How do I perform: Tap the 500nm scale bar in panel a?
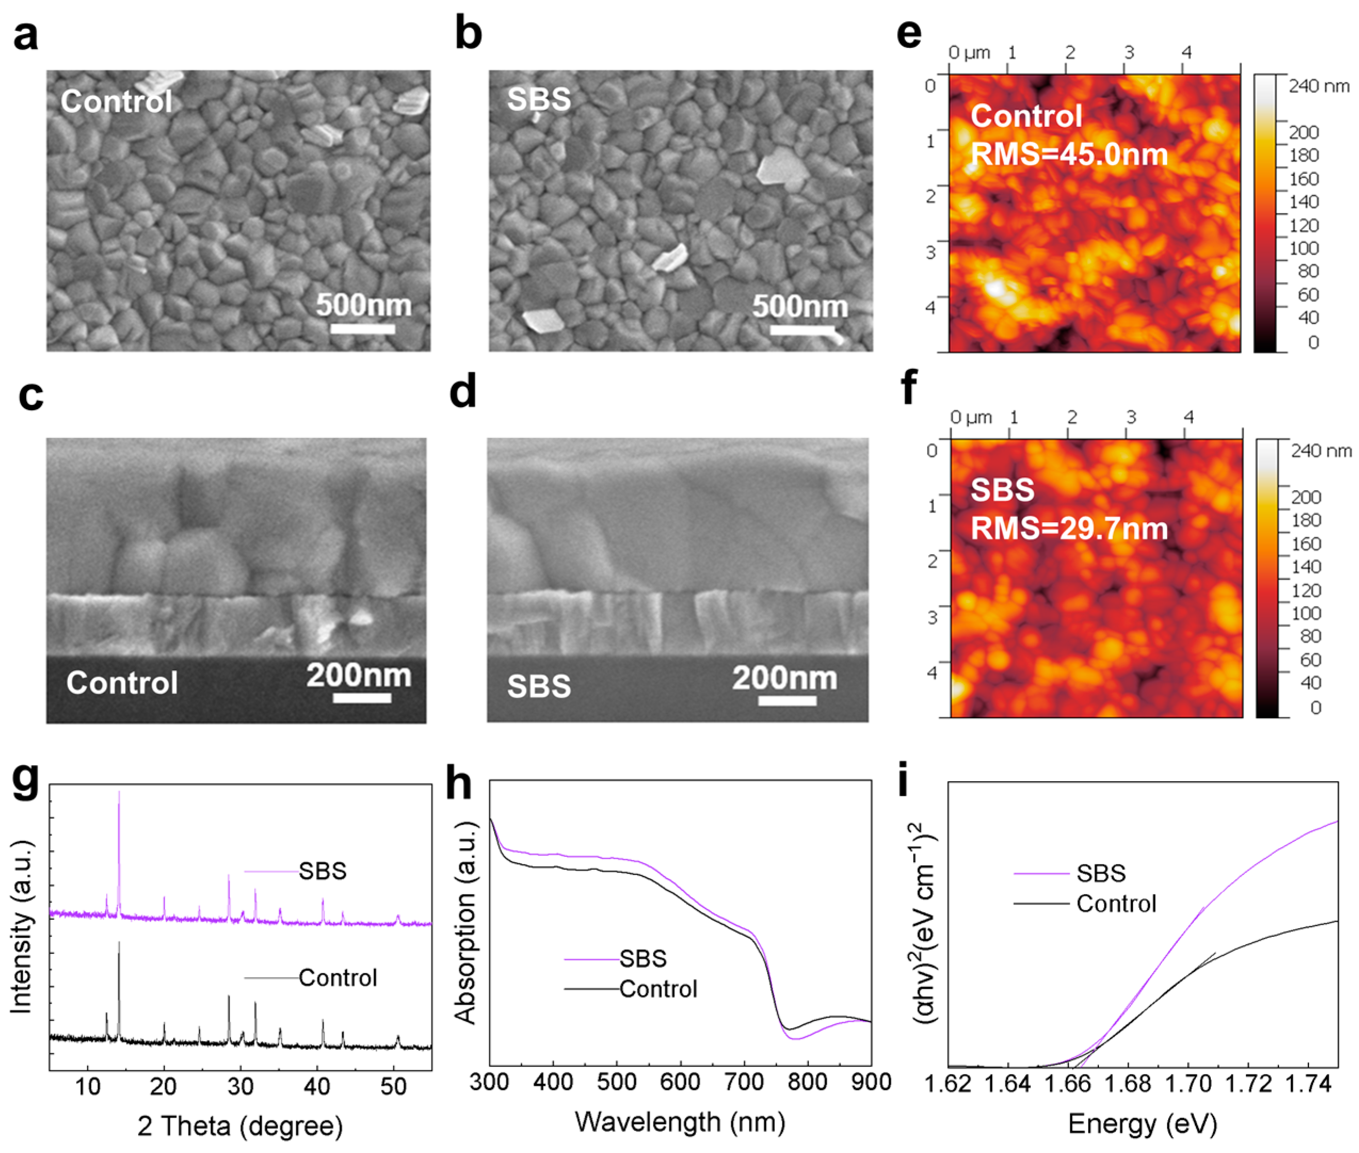pos(362,328)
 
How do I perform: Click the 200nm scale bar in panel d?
pos(787,701)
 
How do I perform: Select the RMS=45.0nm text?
pos(1068,155)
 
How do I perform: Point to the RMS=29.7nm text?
pos(1068,528)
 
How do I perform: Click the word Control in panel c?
pos(122,683)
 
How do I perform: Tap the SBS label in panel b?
pos(539,99)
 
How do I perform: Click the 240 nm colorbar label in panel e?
pos(1318,86)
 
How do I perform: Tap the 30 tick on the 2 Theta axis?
pos(240,1086)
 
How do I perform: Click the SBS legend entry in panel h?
pos(643,959)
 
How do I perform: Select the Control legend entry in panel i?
pos(1116,904)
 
